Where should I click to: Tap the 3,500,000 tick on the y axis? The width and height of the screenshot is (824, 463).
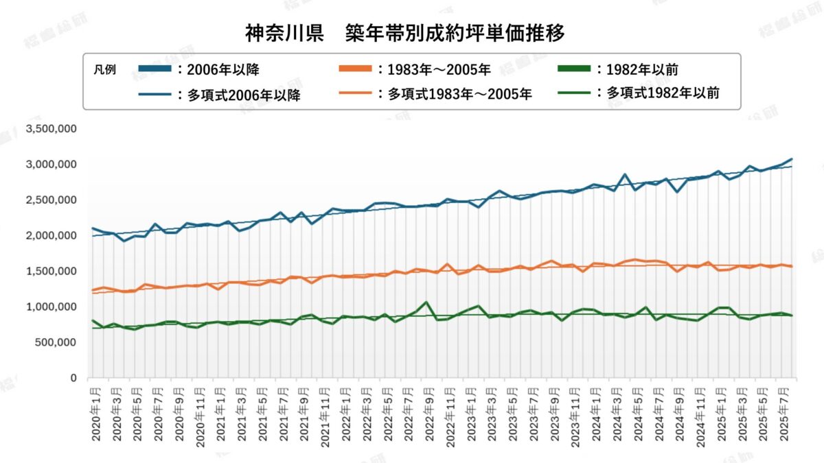pos(51,129)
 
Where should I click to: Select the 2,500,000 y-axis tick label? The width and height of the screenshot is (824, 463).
pos(51,200)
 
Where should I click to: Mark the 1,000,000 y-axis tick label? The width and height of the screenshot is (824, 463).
pos(51,307)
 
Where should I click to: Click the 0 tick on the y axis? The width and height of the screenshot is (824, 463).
pos(73,378)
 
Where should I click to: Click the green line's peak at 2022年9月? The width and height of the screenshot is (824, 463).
pos(426,302)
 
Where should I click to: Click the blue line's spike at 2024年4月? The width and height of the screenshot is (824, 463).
pos(625,175)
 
